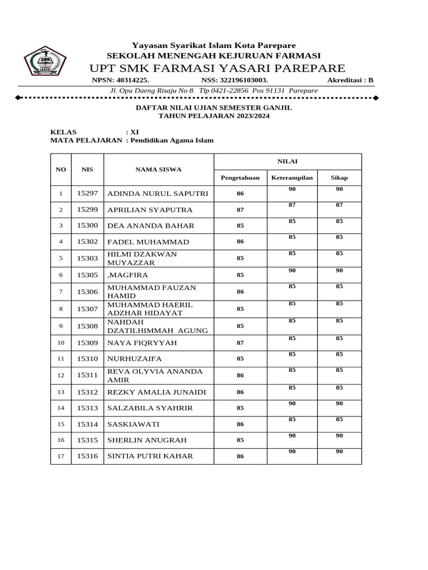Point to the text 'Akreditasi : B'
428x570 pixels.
coord(350,80)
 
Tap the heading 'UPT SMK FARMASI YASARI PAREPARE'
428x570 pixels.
coord(217,68)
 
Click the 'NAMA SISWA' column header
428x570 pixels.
coord(158,169)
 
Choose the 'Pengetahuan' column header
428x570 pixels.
coord(240,178)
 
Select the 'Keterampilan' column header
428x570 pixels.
coord(292,178)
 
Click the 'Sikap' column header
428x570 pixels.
coord(339,178)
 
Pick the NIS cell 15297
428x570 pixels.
coord(87,193)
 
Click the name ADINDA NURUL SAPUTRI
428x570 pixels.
coord(157,194)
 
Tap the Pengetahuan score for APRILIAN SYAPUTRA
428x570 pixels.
coord(240,210)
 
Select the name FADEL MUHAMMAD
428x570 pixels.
coord(148,242)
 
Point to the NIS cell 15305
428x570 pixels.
coord(87,274)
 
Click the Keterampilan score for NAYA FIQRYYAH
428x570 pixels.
coord(292,338)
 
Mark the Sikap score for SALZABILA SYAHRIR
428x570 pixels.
coord(339,404)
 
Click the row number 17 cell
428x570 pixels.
coord(61,456)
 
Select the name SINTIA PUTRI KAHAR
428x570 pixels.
coord(150,456)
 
